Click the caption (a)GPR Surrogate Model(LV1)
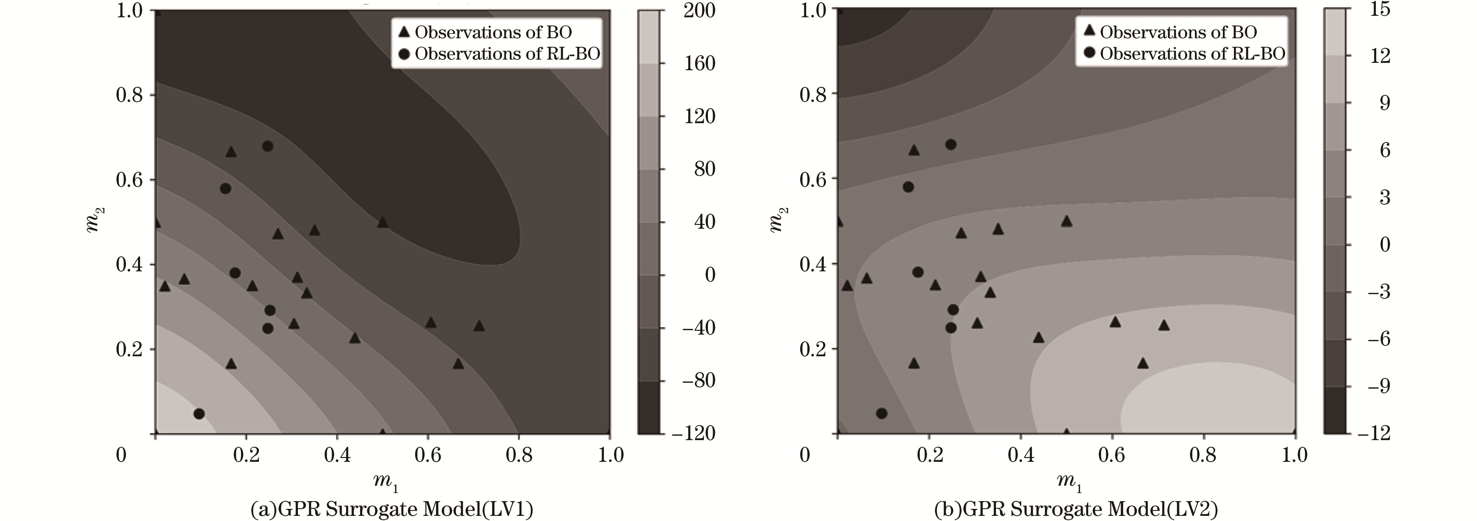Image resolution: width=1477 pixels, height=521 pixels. [392, 509]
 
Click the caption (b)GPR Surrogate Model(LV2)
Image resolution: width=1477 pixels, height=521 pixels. [1076, 509]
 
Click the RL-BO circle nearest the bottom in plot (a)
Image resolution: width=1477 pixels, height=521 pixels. [199, 414]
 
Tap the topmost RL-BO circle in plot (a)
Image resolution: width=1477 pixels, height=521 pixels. [267, 146]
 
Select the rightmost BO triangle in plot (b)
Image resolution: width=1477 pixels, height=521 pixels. [1163, 325]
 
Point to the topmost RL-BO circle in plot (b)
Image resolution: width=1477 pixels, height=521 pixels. [950, 144]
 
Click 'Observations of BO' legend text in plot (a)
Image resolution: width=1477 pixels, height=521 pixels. [494, 33]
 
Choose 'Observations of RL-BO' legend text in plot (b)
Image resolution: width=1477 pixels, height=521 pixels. [1193, 54]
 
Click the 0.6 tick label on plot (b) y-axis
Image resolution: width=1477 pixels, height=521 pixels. [814, 178]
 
